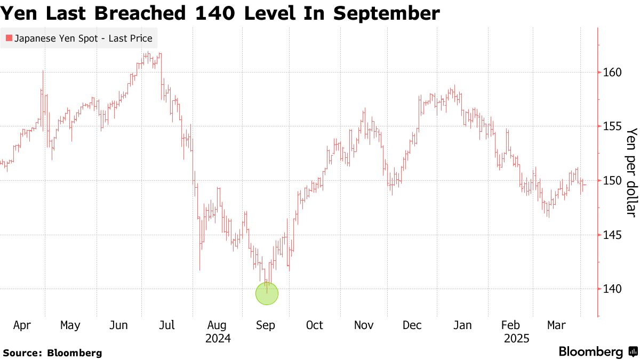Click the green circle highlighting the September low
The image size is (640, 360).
tap(267, 293)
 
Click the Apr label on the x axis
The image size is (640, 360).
tap(21, 325)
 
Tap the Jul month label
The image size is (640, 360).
tap(167, 325)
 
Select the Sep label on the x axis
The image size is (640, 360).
tap(266, 325)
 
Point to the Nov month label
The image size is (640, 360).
tap(364, 325)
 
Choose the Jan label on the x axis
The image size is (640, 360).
tap(462, 325)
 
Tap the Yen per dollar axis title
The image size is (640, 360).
tap(632, 172)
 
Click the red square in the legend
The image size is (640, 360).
tap(9, 38)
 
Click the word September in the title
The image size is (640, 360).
tap(387, 13)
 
